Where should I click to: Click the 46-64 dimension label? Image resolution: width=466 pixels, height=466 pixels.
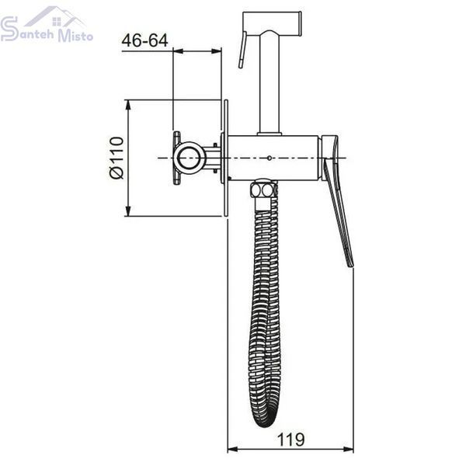point(144,40)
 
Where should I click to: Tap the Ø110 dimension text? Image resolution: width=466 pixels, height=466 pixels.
point(116,158)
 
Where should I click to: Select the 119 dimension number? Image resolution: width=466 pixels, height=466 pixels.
point(290,440)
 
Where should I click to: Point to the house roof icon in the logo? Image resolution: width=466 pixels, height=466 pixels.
point(55,16)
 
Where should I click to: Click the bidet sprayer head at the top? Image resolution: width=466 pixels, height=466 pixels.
point(272,23)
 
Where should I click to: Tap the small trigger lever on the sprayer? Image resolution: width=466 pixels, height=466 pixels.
point(242,50)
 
